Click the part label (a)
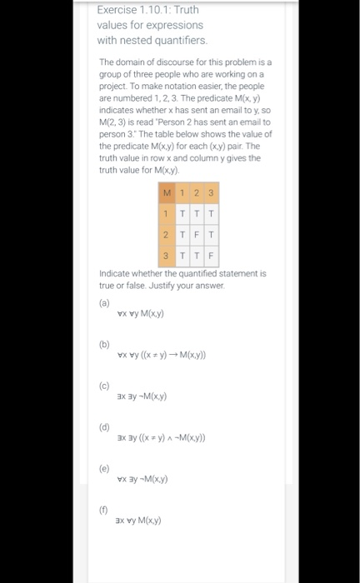104,302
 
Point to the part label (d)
104,426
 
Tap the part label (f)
104,510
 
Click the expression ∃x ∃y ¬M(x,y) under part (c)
142,396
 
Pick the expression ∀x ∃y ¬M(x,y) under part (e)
142,479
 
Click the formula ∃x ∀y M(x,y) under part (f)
138,521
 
